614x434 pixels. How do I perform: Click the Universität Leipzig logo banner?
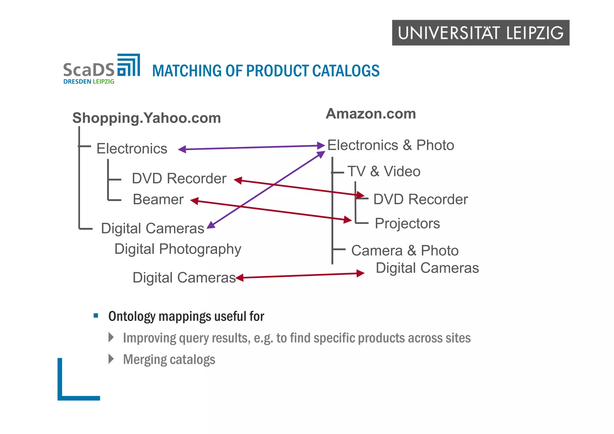click(x=480, y=33)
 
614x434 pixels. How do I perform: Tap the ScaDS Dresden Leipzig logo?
click(x=101, y=69)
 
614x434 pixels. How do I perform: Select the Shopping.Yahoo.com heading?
click(x=147, y=118)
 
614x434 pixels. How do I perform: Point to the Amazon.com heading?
click(x=371, y=114)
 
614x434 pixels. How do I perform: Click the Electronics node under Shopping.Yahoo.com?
click(x=132, y=149)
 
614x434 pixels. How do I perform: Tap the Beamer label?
click(x=158, y=200)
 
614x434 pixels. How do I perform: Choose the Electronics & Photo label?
click(x=390, y=145)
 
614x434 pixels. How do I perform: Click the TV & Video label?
click(x=384, y=171)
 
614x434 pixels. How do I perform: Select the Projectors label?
click(x=407, y=224)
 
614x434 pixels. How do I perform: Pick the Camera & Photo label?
click(x=405, y=251)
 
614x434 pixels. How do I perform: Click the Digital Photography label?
click(x=178, y=249)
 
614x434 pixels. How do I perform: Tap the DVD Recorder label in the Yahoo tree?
click(x=179, y=179)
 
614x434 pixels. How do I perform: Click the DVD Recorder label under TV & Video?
click(x=420, y=200)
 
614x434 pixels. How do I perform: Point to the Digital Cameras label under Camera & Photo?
click(x=427, y=268)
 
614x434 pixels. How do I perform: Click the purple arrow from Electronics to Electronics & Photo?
click(x=252, y=147)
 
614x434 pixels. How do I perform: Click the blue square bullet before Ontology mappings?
click(x=96, y=316)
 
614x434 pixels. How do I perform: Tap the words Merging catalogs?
click(x=169, y=359)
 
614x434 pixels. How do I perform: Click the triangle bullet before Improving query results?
click(x=111, y=337)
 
